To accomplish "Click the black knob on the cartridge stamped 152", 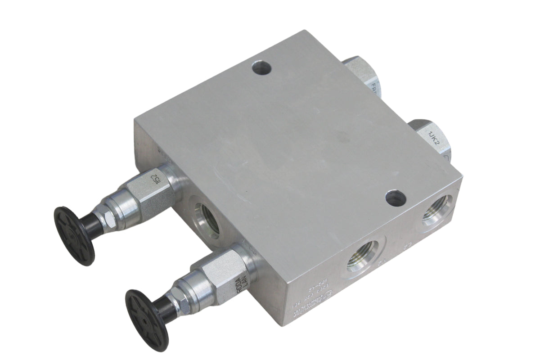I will [x=74, y=234].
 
